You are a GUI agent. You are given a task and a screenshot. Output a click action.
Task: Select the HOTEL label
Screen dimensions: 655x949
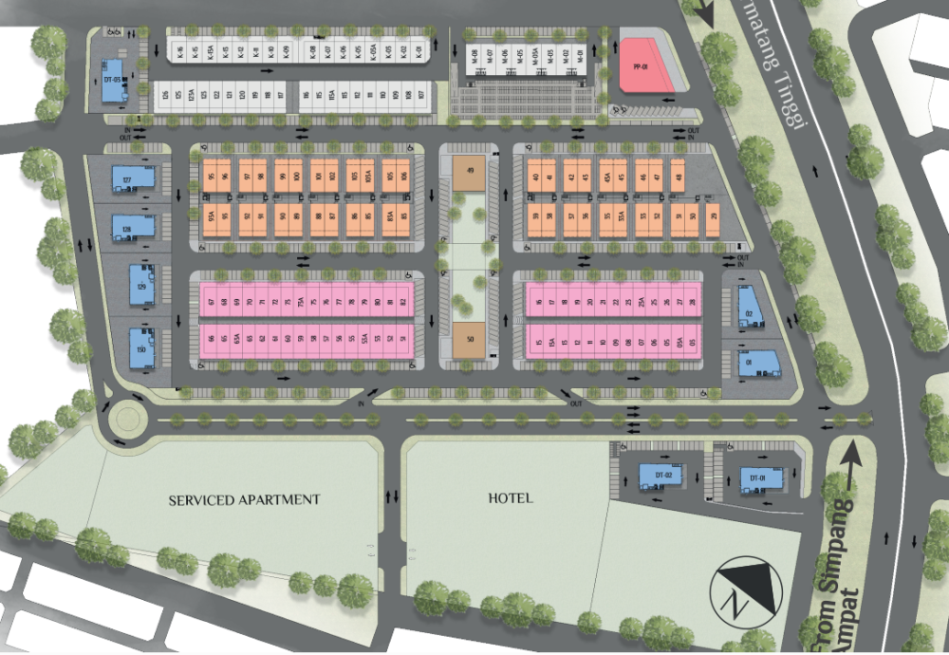[511, 497]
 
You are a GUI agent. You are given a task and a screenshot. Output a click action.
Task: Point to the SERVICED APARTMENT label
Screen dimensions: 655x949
[245, 499]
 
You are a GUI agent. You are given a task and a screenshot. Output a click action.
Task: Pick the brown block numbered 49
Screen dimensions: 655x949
[470, 172]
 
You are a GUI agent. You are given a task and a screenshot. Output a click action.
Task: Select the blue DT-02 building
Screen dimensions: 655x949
[662, 476]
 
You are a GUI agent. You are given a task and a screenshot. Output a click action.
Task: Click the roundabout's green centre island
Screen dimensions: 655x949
[125, 420]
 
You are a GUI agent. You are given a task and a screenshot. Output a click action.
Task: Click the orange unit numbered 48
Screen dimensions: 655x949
[678, 176]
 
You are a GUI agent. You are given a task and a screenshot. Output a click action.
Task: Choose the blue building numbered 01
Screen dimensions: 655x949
[749, 363]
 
